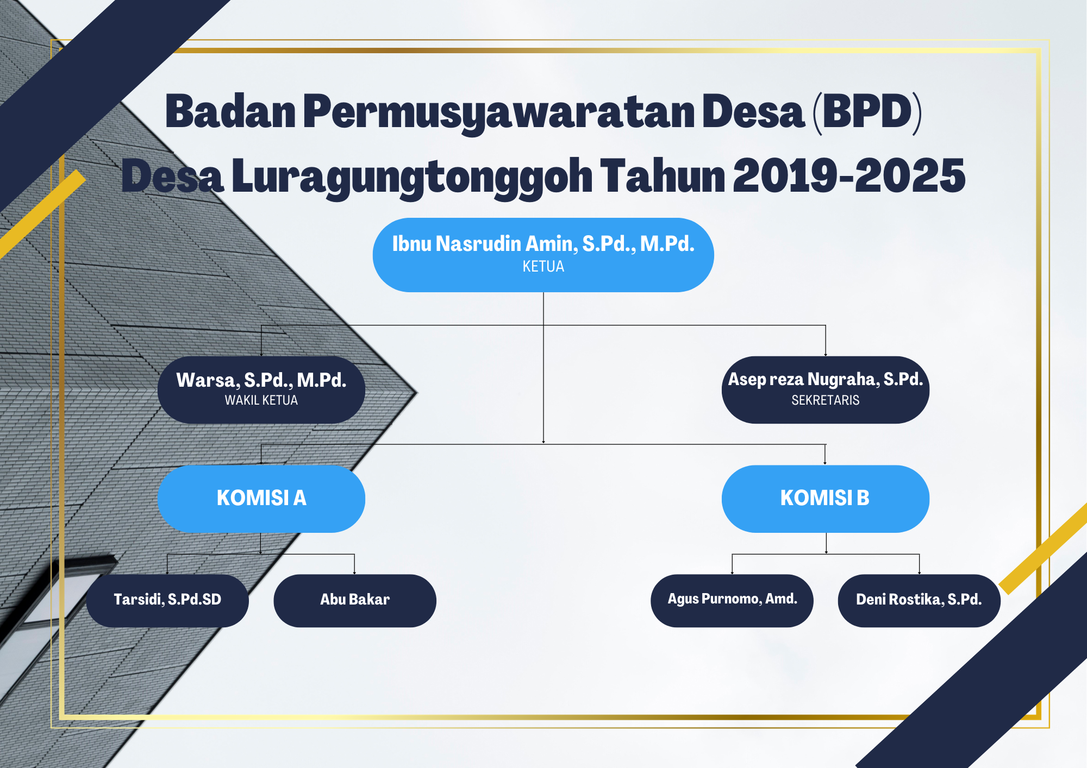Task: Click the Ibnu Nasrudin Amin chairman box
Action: pyautogui.click(x=543, y=254)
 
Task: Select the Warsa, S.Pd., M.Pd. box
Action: pyautogui.click(x=261, y=389)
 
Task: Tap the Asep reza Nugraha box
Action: pyautogui.click(x=825, y=389)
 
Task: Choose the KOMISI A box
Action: pyautogui.click(x=261, y=498)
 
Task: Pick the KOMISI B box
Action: pyautogui.click(x=825, y=498)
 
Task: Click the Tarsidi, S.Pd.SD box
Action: pyautogui.click(x=167, y=600)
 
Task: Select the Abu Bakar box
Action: pyautogui.click(x=354, y=600)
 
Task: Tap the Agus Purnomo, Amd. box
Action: pyautogui.click(x=732, y=600)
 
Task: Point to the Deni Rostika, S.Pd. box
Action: pyautogui.click(x=919, y=600)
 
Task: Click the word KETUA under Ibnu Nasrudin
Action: pyautogui.click(x=543, y=267)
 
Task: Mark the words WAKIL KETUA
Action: pyautogui.click(x=261, y=400)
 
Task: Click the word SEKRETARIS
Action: pyautogui.click(x=825, y=400)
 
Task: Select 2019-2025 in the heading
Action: pyautogui.click(x=849, y=176)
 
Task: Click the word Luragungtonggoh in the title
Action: pyautogui.click(x=412, y=177)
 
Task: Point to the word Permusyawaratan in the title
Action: pyautogui.click(x=499, y=112)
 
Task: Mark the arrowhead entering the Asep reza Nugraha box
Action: pyautogui.click(x=826, y=354)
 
